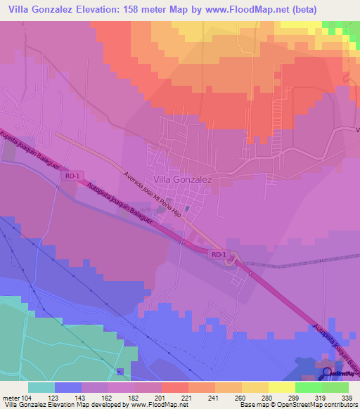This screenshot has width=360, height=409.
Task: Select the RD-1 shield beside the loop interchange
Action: [x=219, y=253]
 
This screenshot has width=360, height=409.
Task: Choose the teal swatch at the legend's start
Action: [x=41, y=387]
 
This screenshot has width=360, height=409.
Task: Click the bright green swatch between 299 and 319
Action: [x=309, y=387]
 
